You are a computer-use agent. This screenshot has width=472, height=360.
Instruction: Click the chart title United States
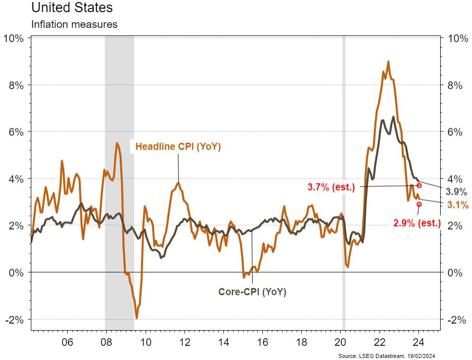72,8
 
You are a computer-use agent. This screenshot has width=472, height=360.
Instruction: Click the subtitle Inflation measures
74,24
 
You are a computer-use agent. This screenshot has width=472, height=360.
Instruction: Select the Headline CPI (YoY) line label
178,147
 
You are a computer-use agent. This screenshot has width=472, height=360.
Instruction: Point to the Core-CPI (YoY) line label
252,292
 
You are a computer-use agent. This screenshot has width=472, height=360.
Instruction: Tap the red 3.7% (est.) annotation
331,187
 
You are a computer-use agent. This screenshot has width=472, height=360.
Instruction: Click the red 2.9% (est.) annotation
417,222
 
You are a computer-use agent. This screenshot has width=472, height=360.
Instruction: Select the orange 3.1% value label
458,205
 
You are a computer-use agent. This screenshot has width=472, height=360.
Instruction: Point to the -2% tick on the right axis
455,320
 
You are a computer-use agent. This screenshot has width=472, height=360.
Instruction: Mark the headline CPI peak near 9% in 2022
388,62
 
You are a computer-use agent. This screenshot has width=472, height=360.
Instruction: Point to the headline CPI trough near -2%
137,318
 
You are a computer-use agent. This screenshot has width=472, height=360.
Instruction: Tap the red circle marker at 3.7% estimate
419,186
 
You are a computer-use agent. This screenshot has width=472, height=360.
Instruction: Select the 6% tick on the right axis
455,132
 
